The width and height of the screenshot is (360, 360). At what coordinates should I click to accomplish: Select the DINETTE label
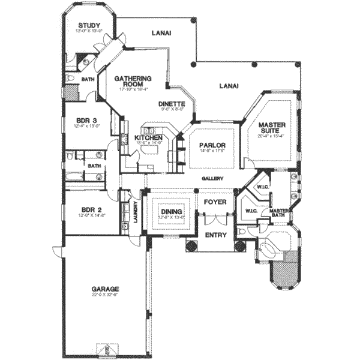click(x=172, y=103)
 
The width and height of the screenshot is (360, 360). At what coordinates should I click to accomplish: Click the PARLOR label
click(x=212, y=145)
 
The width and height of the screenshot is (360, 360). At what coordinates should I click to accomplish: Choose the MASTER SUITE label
click(x=272, y=128)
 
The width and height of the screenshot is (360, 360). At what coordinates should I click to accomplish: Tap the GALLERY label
click(x=213, y=179)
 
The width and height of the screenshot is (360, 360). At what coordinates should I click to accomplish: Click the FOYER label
click(x=215, y=202)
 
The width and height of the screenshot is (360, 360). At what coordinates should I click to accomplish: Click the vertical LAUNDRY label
click(x=136, y=214)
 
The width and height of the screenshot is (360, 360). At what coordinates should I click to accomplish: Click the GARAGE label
click(x=105, y=288)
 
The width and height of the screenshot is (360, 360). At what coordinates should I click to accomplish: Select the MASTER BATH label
click(x=280, y=214)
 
